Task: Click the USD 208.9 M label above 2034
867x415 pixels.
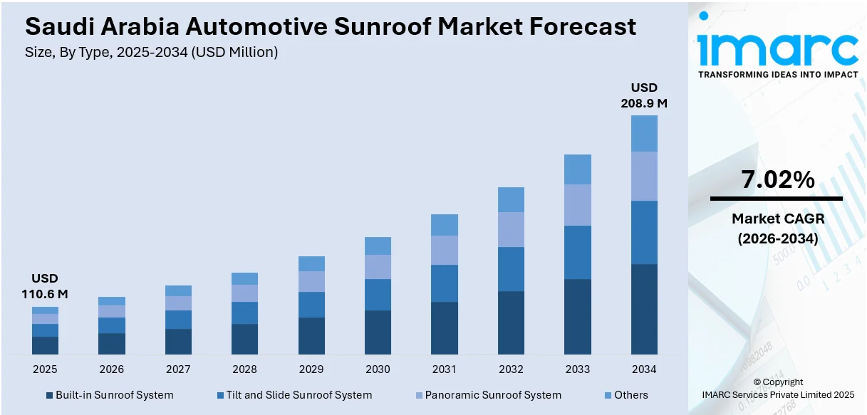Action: coord(644,95)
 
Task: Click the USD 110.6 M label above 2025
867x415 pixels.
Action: coord(45,285)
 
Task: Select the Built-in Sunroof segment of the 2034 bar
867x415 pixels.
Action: coord(644,309)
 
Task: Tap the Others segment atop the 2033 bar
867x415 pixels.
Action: coord(577,169)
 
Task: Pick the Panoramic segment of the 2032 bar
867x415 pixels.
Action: coord(511,229)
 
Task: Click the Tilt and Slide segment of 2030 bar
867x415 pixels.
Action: coord(378,295)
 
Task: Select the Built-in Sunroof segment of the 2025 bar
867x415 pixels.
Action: coord(45,345)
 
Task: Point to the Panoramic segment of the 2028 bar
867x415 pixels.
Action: coord(244,293)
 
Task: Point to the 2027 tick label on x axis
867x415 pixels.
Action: coord(178,369)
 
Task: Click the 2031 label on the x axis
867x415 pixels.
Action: coord(444,369)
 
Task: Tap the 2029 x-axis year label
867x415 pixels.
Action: coord(311,369)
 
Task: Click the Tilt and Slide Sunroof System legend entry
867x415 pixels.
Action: coord(294,395)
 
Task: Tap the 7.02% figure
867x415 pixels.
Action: coord(777,180)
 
